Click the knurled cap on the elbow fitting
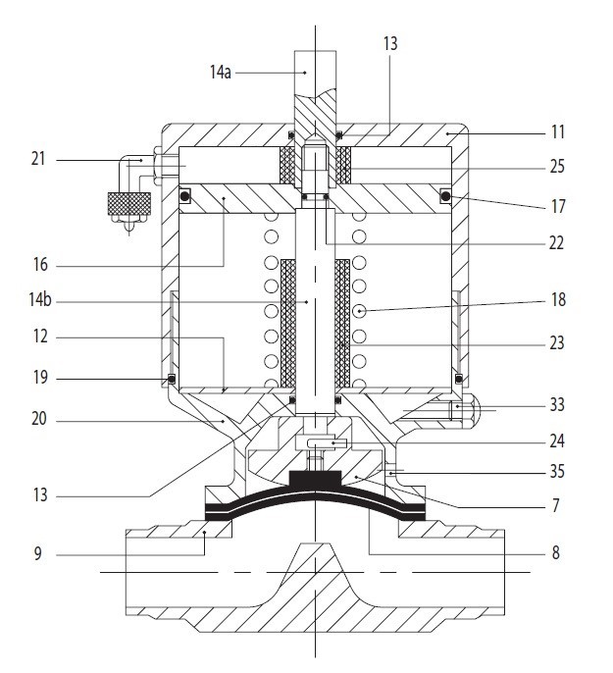[x=129, y=204]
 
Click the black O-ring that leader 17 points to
[x=446, y=196]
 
